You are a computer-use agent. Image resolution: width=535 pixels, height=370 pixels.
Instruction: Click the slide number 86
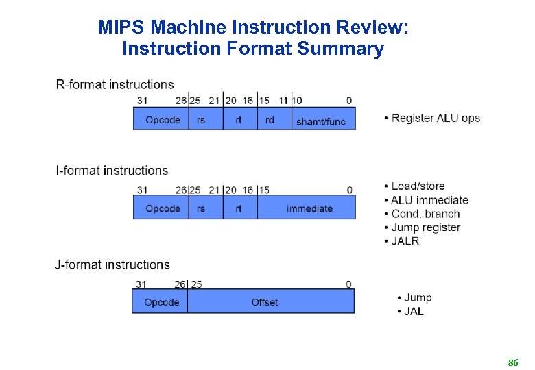point(512,362)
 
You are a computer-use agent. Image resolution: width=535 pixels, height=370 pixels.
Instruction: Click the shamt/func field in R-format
point(320,121)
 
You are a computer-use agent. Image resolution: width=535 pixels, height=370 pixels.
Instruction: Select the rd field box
point(270,120)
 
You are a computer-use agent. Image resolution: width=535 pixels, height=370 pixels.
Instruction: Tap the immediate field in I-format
point(309,208)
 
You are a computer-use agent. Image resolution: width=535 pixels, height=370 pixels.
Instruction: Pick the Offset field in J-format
point(265,302)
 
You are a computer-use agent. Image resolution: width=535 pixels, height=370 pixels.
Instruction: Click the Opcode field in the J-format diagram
point(162,302)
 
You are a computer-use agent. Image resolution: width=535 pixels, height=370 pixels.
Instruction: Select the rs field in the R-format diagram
point(201,120)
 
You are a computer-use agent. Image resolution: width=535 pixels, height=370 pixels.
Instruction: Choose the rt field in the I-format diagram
point(239,208)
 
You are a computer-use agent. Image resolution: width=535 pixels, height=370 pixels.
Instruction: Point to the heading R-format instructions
point(115,84)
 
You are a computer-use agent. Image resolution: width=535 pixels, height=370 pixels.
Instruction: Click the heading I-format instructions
point(112,170)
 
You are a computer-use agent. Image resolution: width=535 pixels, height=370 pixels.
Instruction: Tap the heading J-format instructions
point(112,264)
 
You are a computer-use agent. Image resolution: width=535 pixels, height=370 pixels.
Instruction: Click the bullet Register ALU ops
point(436,118)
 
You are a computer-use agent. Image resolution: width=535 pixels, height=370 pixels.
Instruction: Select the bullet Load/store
point(418,186)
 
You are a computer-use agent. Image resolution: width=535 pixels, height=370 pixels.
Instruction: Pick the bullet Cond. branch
point(425,213)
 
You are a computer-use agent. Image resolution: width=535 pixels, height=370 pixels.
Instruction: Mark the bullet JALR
point(405,241)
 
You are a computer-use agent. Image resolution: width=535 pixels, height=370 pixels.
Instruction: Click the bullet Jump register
point(425,227)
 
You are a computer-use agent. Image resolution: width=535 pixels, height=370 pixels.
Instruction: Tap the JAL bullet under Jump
point(414,311)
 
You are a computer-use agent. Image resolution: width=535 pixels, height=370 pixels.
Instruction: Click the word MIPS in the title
point(121,27)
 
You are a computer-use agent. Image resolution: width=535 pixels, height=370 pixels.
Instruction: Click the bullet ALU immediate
point(429,199)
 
